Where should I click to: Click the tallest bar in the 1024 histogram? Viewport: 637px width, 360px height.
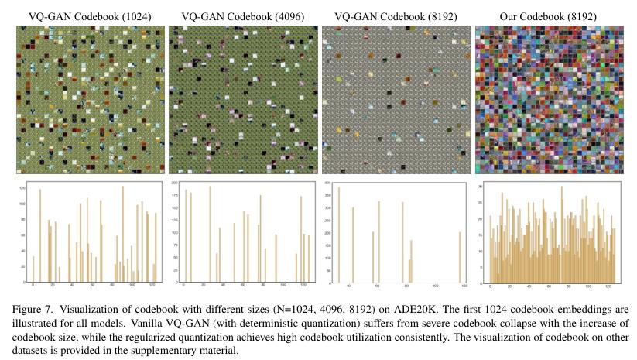[x=122, y=232]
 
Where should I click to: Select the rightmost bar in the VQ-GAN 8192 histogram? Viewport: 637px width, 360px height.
[x=460, y=256]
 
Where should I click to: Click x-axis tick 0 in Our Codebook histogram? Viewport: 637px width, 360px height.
[x=490, y=286]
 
